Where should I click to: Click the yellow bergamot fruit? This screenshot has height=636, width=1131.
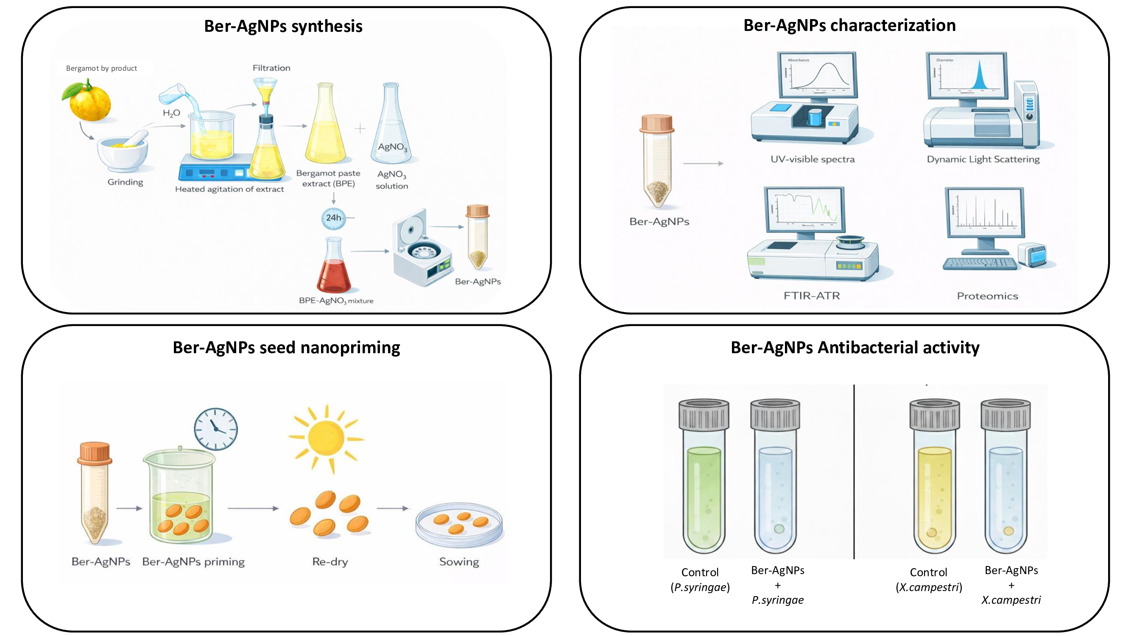(x=89, y=103)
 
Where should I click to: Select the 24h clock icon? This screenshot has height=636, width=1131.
(x=333, y=218)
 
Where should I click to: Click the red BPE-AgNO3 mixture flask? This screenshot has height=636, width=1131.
(x=334, y=272)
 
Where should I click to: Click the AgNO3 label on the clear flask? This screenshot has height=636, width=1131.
(x=392, y=147)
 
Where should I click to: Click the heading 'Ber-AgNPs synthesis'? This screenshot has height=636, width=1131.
(x=283, y=26)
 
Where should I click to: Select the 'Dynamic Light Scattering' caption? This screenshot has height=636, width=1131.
(x=983, y=159)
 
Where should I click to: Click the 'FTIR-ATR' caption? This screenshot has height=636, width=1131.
(x=811, y=296)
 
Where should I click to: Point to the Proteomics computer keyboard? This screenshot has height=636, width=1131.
(x=980, y=263)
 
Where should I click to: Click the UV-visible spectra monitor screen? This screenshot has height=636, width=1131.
(x=817, y=75)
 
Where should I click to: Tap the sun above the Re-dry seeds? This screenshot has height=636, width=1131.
(x=326, y=438)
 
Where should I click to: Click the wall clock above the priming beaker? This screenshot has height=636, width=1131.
(x=215, y=429)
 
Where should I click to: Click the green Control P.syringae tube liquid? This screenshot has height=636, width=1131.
(x=704, y=496)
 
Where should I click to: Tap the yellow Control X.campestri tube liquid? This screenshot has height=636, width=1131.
(x=934, y=496)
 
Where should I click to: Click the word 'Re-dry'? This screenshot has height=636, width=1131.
(x=330, y=562)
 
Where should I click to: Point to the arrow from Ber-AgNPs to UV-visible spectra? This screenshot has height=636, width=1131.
(x=703, y=163)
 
